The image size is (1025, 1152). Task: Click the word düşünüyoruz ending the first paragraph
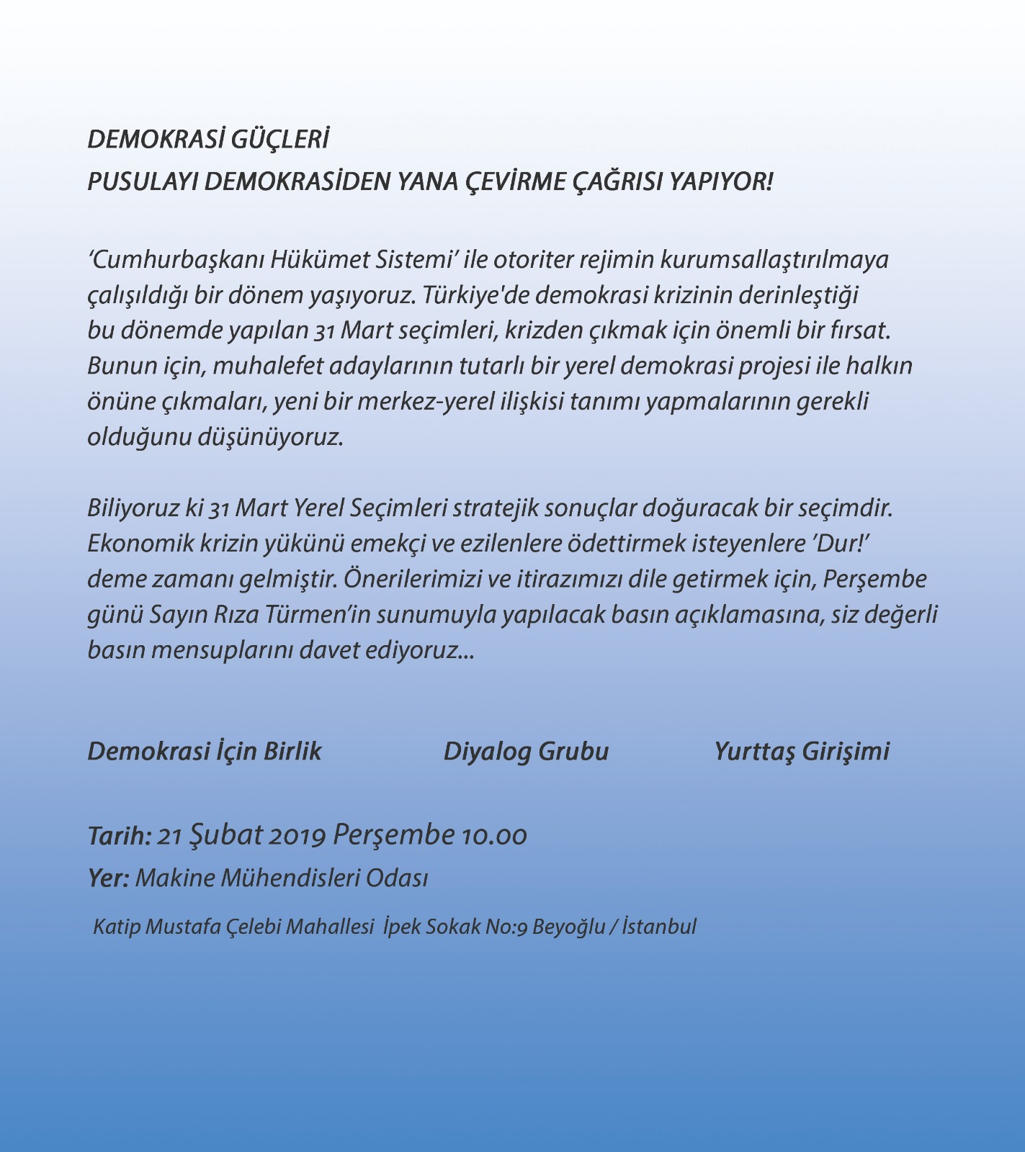point(270,437)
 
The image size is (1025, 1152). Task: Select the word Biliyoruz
point(133,508)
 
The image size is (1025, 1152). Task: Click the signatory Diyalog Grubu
point(526,751)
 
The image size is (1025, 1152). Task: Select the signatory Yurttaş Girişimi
point(801,751)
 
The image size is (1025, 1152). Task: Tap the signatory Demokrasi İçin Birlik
point(205,751)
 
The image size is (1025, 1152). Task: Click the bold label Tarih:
point(119,836)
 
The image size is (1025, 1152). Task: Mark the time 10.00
point(494,836)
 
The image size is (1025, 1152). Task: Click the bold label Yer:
point(108,878)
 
